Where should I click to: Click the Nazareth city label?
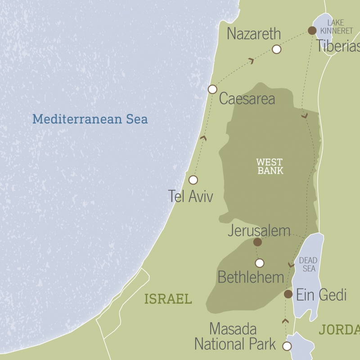coord(254,34)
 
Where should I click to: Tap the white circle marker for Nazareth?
coord(277,49)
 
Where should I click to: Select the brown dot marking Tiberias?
coord(312,30)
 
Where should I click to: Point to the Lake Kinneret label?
coord(335,27)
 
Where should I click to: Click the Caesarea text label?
coord(247,99)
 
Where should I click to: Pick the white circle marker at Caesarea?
coord(212,89)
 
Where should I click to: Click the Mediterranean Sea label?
coord(90,119)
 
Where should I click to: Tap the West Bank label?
coord(270,166)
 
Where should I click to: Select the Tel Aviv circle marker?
coord(193,180)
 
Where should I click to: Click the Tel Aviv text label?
coord(190,196)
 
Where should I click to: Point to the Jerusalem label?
coord(259,231)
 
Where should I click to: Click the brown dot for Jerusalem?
coord(257,242)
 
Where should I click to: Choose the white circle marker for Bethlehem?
coord(259,263)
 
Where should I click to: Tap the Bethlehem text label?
coord(251,277)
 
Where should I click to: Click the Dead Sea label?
coord(308,265)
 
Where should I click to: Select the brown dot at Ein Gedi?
coord(288,294)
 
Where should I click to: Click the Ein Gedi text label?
coord(321,295)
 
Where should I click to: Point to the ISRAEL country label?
coord(168,299)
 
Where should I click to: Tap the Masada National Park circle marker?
coord(287,346)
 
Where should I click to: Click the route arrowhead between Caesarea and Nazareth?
coord(251,60)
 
